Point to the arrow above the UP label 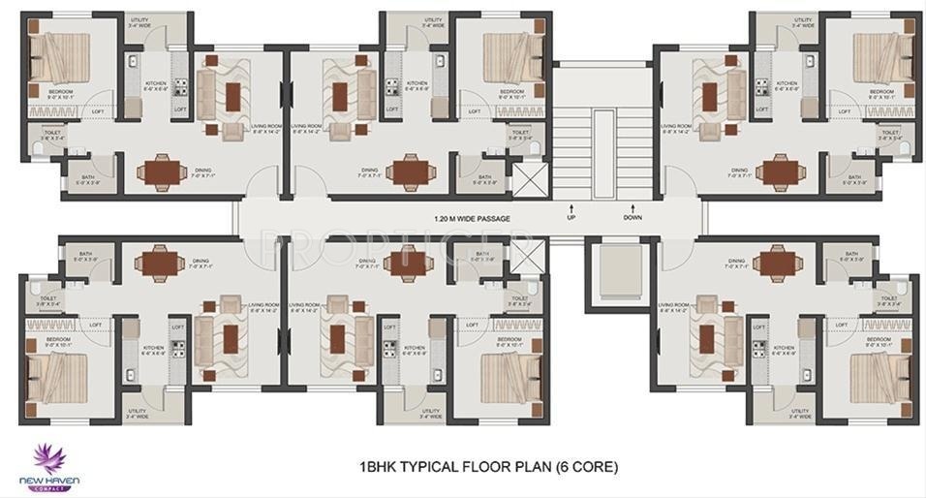571,206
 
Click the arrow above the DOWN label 633,206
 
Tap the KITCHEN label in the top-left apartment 156,84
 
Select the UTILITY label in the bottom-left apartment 137,411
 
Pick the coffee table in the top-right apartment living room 710,96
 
